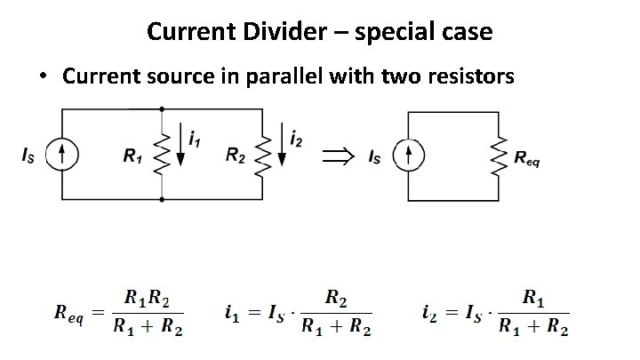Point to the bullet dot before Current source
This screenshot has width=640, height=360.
(x=43, y=76)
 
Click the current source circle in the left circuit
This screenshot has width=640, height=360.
(x=61, y=156)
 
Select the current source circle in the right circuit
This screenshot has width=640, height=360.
(x=407, y=156)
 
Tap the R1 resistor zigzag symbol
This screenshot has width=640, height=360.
(x=161, y=155)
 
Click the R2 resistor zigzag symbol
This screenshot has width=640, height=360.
(x=263, y=154)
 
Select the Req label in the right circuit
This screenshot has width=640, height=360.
(x=527, y=160)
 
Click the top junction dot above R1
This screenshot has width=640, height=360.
(x=161, y=109)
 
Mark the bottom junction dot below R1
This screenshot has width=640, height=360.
(x=161, y=199)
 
